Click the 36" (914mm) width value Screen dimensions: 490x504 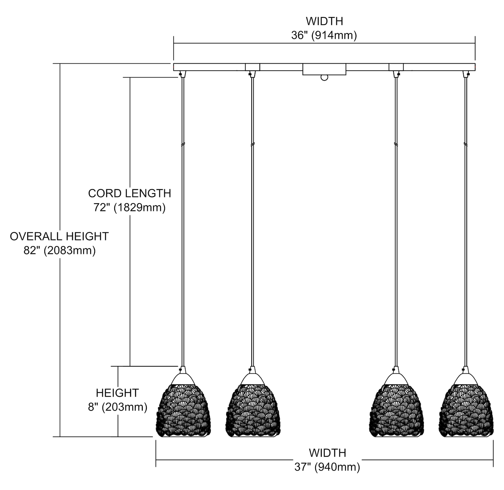324,35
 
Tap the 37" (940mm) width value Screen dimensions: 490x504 327,467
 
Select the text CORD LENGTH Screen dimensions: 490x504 129,193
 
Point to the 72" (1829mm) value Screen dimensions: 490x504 129,208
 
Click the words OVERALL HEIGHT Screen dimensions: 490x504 59,236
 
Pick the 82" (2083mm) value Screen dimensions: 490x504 59,250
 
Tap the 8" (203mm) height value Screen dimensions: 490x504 118,407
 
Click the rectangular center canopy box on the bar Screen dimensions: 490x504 324,69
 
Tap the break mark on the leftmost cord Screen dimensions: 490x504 182,145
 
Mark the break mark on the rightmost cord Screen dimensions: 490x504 466,145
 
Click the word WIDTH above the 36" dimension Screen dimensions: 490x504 324,21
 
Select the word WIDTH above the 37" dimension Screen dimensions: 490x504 327,453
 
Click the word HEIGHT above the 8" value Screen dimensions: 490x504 117,393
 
